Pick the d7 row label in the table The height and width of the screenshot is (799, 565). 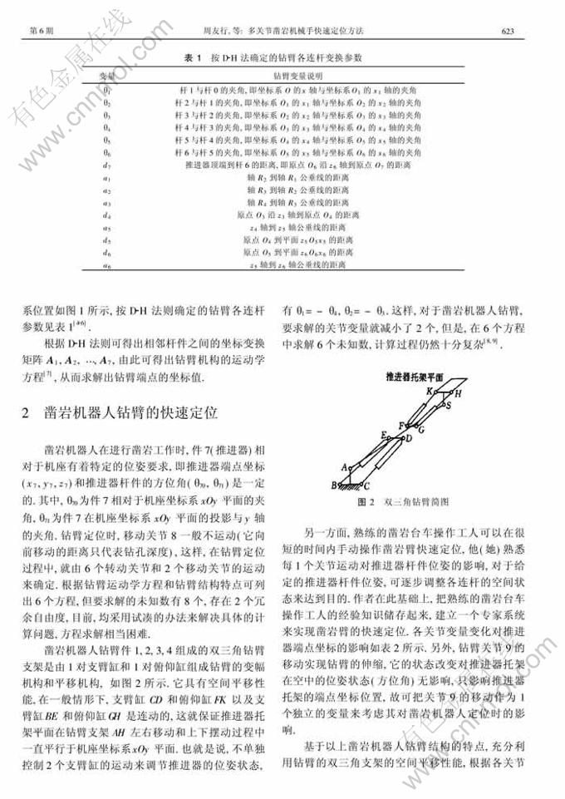click(x=107, y=166)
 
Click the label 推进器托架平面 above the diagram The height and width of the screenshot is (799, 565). click(x=415, y=376)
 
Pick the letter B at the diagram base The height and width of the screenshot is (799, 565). click(x=334, y=484)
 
